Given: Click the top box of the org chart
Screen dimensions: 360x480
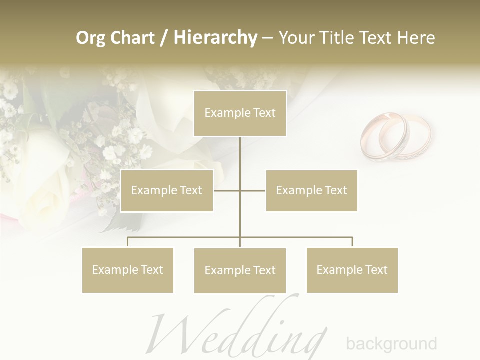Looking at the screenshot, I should (240, 113).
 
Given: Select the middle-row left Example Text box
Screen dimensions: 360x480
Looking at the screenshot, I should (167, 190).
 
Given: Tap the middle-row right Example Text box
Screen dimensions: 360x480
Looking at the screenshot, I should (311, 190).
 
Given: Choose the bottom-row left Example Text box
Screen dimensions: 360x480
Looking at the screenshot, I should (128, 270).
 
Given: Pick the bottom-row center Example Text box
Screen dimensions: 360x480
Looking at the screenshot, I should (240, 270).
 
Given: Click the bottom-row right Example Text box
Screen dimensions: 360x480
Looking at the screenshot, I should (352, 270).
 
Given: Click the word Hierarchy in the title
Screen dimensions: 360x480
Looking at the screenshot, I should (215, 37).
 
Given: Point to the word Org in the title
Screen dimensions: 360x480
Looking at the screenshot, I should (89, 38).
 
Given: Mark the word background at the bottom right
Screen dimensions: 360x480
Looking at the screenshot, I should (391, 344).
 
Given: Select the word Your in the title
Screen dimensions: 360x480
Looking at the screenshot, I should (296, 37).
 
